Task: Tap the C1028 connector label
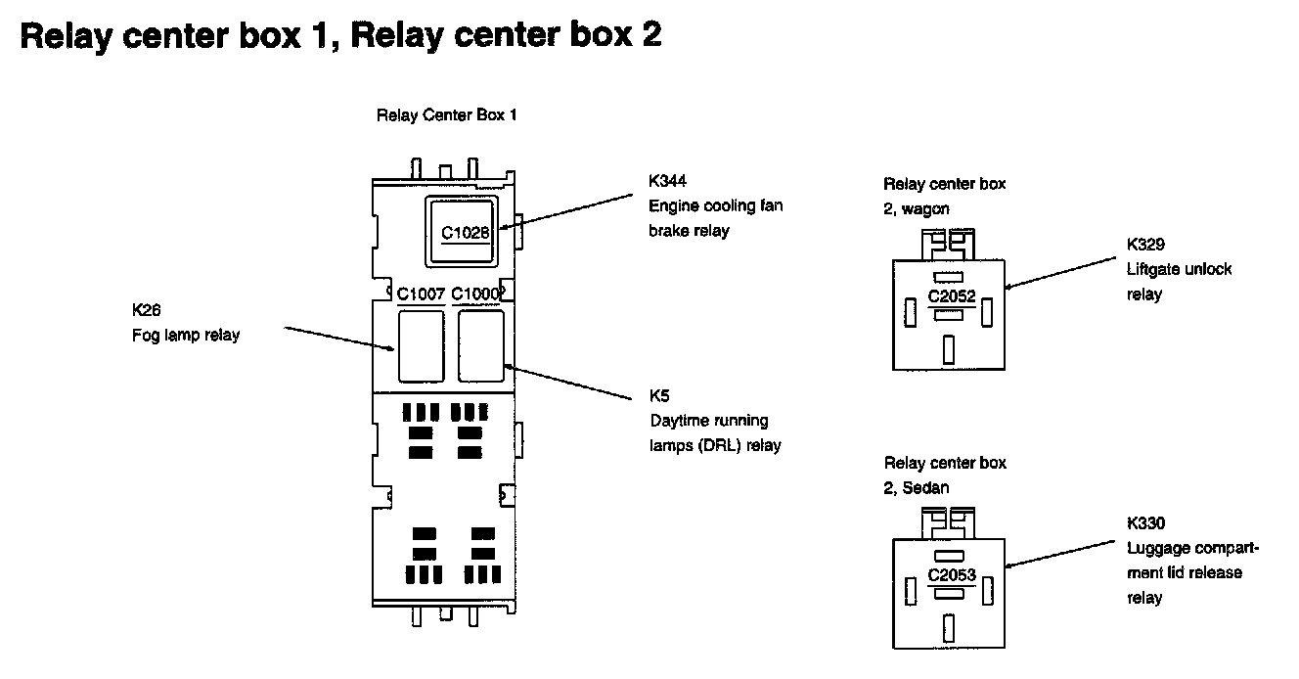pos(465,233)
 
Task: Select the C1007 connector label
pos(422,293)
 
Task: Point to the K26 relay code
pos(146,310)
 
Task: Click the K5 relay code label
pos(659,396)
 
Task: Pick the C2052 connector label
pos(952,295)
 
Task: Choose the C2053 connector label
pos(952,574)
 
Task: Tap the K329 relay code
pos(1145,244)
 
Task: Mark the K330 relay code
pos(1145,523)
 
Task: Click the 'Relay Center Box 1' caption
pos(446,115)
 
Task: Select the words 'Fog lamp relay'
pos(186,336)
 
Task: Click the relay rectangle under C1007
pos(422,345)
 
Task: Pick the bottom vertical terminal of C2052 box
pos(948,349)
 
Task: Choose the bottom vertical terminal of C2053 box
pos(948,627)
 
